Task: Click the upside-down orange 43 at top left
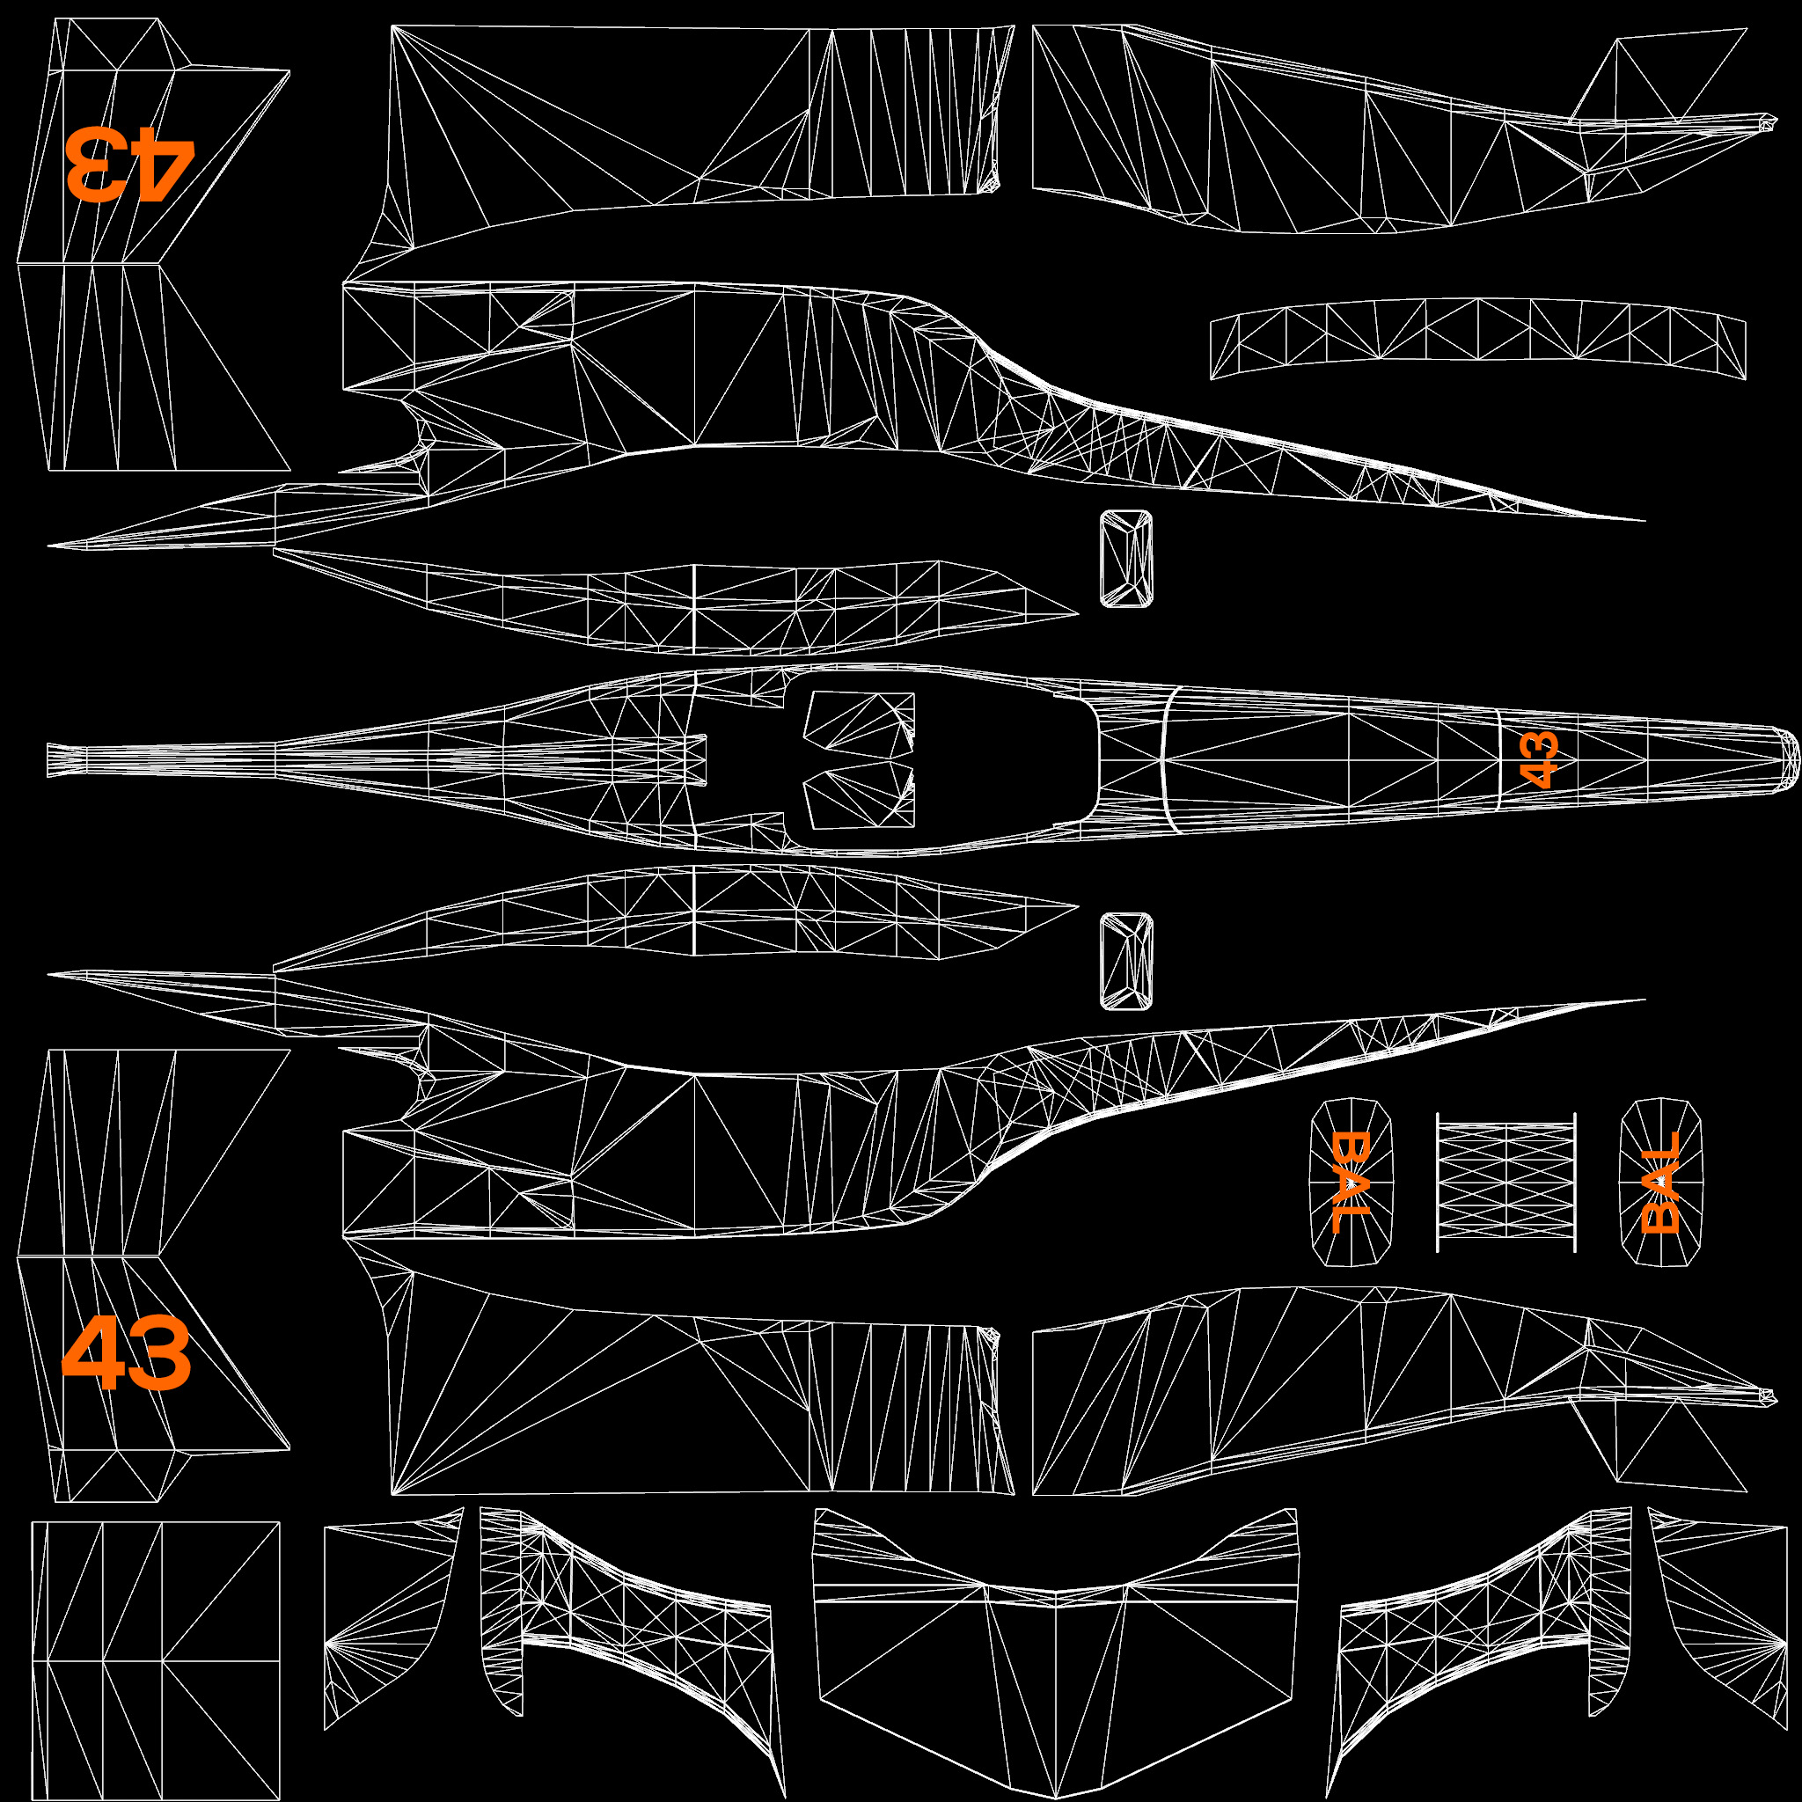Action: click(x=129, y=165)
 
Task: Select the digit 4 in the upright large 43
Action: click(x=93, y=1352)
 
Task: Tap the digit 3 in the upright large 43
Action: click(x=158, y=1352)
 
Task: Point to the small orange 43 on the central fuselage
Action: click(x=1538, y=760)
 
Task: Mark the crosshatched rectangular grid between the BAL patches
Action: click(x=1505, y=1181)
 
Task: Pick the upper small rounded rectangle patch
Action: click(x=1125, y=559)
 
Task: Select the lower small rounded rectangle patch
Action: click(x=1125, y=961)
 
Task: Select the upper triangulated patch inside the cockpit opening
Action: click(x=858, y=719)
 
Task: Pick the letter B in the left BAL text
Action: click(x=1350, y=1149)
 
